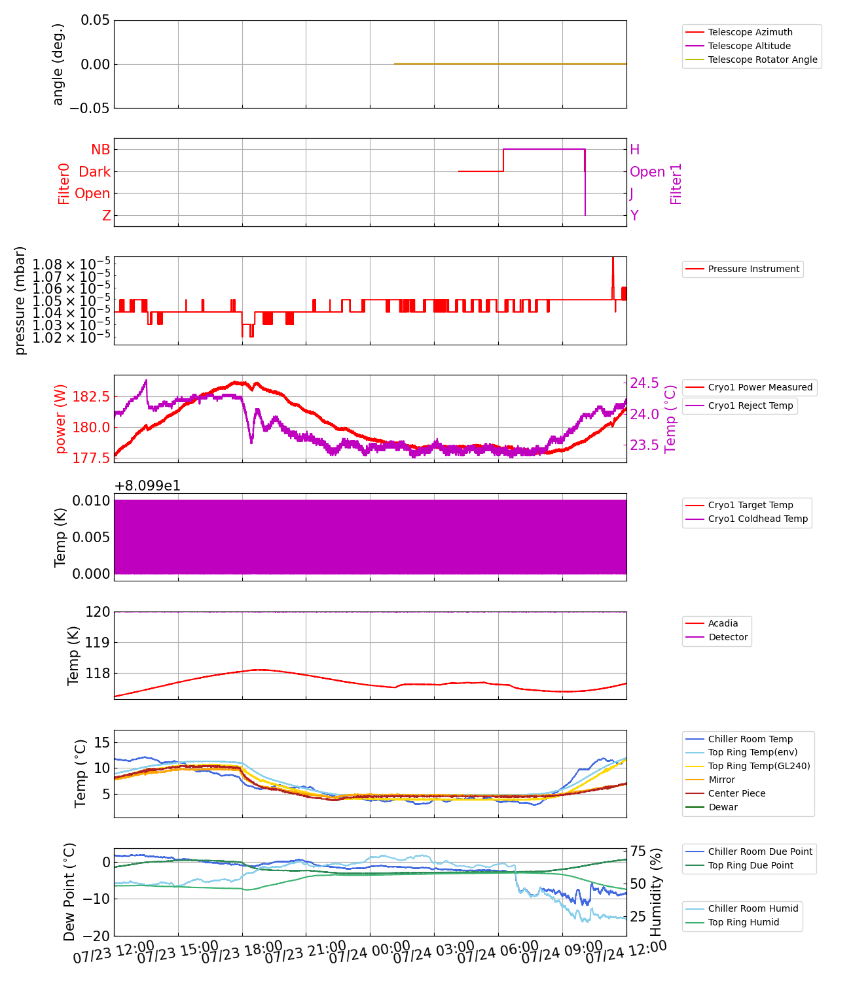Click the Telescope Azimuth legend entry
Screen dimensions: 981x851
pos(750,32)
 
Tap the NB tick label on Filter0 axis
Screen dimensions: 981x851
pos(101,150)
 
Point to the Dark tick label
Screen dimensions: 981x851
pos(95,172)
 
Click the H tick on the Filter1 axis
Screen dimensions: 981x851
pos(634,150)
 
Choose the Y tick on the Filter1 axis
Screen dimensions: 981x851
pos(634,216)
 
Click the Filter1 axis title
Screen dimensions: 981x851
pos(676,184)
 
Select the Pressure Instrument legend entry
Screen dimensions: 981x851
pos(753,269)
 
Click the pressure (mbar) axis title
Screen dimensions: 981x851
pos(20,301)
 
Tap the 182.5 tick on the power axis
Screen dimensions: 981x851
pos(91,397)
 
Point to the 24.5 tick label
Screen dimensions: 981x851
pos(644,383)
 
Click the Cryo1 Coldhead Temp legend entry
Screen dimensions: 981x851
pos(757,519)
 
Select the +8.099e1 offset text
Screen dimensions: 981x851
pos(147,486)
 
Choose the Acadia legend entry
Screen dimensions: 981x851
pos(723,623)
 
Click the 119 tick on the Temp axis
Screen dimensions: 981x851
pos(98,643)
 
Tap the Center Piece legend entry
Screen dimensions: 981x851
pos(736,793)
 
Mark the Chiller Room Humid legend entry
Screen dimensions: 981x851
pos(753,908)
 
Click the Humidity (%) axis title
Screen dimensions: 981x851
pos(656,892)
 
